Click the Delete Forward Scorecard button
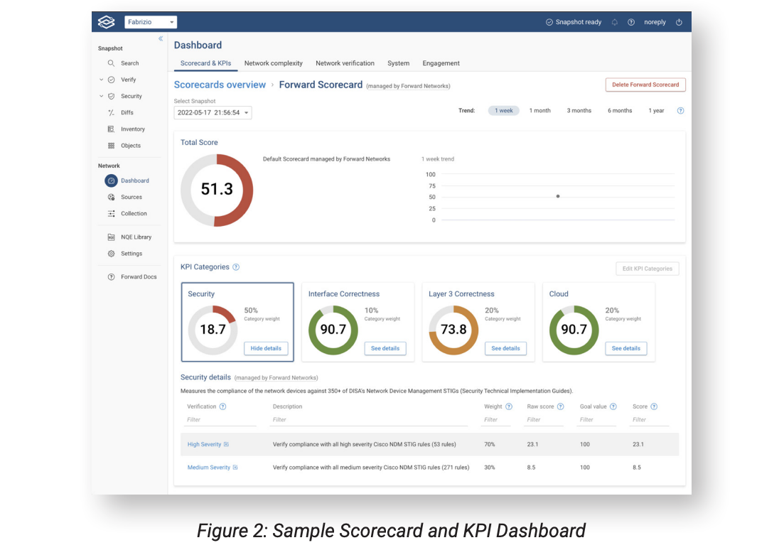pos(645,85)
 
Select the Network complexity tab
pos(273,63)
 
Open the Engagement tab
pos(441,63)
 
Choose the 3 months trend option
pos(579,111)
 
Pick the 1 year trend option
pos(656,111)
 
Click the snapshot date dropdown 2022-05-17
pos(213,112)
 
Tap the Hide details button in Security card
pos(266,348)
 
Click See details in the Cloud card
pos(625,348)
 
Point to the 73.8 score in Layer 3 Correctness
pos(453,330)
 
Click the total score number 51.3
pos(217,189)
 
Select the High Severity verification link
pos(205,444)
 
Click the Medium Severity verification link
pos(209,468)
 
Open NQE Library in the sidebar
pos(136,237)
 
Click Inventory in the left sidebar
pos(132,129)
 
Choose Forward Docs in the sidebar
pos(139,277)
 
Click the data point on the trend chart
pos(557,196)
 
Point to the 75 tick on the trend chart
pos(430,185)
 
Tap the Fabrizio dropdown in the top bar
pos(151,22)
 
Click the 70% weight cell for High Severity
pos(490,444)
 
